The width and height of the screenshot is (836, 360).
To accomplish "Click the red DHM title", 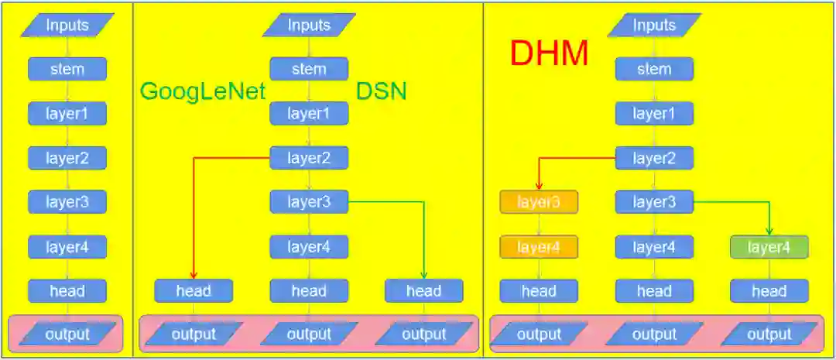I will coord(549,53).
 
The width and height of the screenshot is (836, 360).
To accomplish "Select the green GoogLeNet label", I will coord(203,91).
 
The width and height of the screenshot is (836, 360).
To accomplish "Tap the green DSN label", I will coord(382,91).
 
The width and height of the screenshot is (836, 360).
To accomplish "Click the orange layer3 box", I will coord(539,203).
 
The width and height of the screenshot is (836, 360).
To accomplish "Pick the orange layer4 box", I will coord(539,247).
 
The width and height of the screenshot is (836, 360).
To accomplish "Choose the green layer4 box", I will coord(769,247).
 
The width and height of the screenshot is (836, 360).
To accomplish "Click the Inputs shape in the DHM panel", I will coord(653,25).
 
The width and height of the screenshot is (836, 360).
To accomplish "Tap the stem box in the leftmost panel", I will coord(67,69).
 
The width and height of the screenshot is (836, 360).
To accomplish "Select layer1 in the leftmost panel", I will coord(67,114).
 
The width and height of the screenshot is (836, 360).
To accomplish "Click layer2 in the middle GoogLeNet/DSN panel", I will coord(309,158).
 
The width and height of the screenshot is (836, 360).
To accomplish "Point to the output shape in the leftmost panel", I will coord(67,334).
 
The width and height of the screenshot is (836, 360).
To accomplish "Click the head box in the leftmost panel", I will coord(67,291).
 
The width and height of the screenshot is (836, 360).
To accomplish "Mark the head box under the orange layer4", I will coord(539,291).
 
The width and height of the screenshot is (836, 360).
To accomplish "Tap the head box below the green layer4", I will coord(769,291).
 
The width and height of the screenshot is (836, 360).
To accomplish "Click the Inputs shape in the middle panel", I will coord(308,25).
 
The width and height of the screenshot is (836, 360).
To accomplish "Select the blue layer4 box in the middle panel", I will coord(309,247).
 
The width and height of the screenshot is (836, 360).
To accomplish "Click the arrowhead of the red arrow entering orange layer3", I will coord(539,186).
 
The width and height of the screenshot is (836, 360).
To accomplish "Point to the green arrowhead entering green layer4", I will coord(769,231).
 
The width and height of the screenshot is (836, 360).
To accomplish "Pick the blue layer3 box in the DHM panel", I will coord(654,203).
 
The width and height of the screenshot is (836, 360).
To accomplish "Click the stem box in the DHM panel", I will coord(654,69).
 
